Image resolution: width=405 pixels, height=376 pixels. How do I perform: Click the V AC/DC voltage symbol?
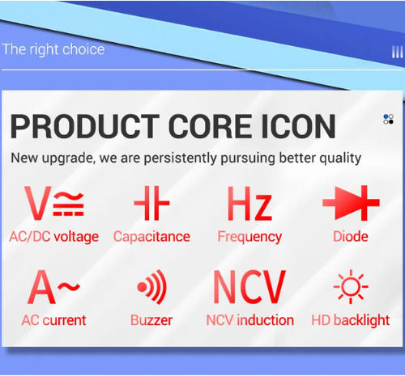(54, 203)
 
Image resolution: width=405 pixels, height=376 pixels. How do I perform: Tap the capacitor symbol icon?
(151, 203)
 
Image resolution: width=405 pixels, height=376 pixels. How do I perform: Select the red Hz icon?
(249, 204)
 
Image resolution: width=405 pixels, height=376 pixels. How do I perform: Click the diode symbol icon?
(351, 203)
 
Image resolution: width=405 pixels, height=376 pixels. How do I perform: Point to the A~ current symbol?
(53, 286)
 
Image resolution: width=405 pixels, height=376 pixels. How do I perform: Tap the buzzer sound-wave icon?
(151, 287)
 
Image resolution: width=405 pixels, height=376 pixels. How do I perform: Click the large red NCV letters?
(249, 287)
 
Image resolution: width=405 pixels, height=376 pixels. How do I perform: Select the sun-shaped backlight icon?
(351, 286)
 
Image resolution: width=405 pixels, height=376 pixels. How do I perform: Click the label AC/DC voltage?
(54, 237)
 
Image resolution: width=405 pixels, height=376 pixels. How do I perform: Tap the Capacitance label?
(151, 237)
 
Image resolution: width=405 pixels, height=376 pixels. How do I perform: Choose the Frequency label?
(249, 237)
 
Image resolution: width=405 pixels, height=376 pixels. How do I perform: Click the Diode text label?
(351, 236)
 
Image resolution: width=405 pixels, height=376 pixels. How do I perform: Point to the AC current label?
(53, 320)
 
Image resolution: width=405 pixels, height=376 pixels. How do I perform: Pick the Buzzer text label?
(151, 320)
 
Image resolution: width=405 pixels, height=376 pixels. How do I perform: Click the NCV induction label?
(250, 320)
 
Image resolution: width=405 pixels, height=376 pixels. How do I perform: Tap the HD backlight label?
(351, 321)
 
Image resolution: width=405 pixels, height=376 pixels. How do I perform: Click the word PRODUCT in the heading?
(85, 126)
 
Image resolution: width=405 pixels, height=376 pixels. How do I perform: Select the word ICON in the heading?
(298, 126)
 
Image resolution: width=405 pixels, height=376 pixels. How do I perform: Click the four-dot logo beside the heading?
(388, 119)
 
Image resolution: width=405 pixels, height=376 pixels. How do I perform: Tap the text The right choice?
(53, 49)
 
